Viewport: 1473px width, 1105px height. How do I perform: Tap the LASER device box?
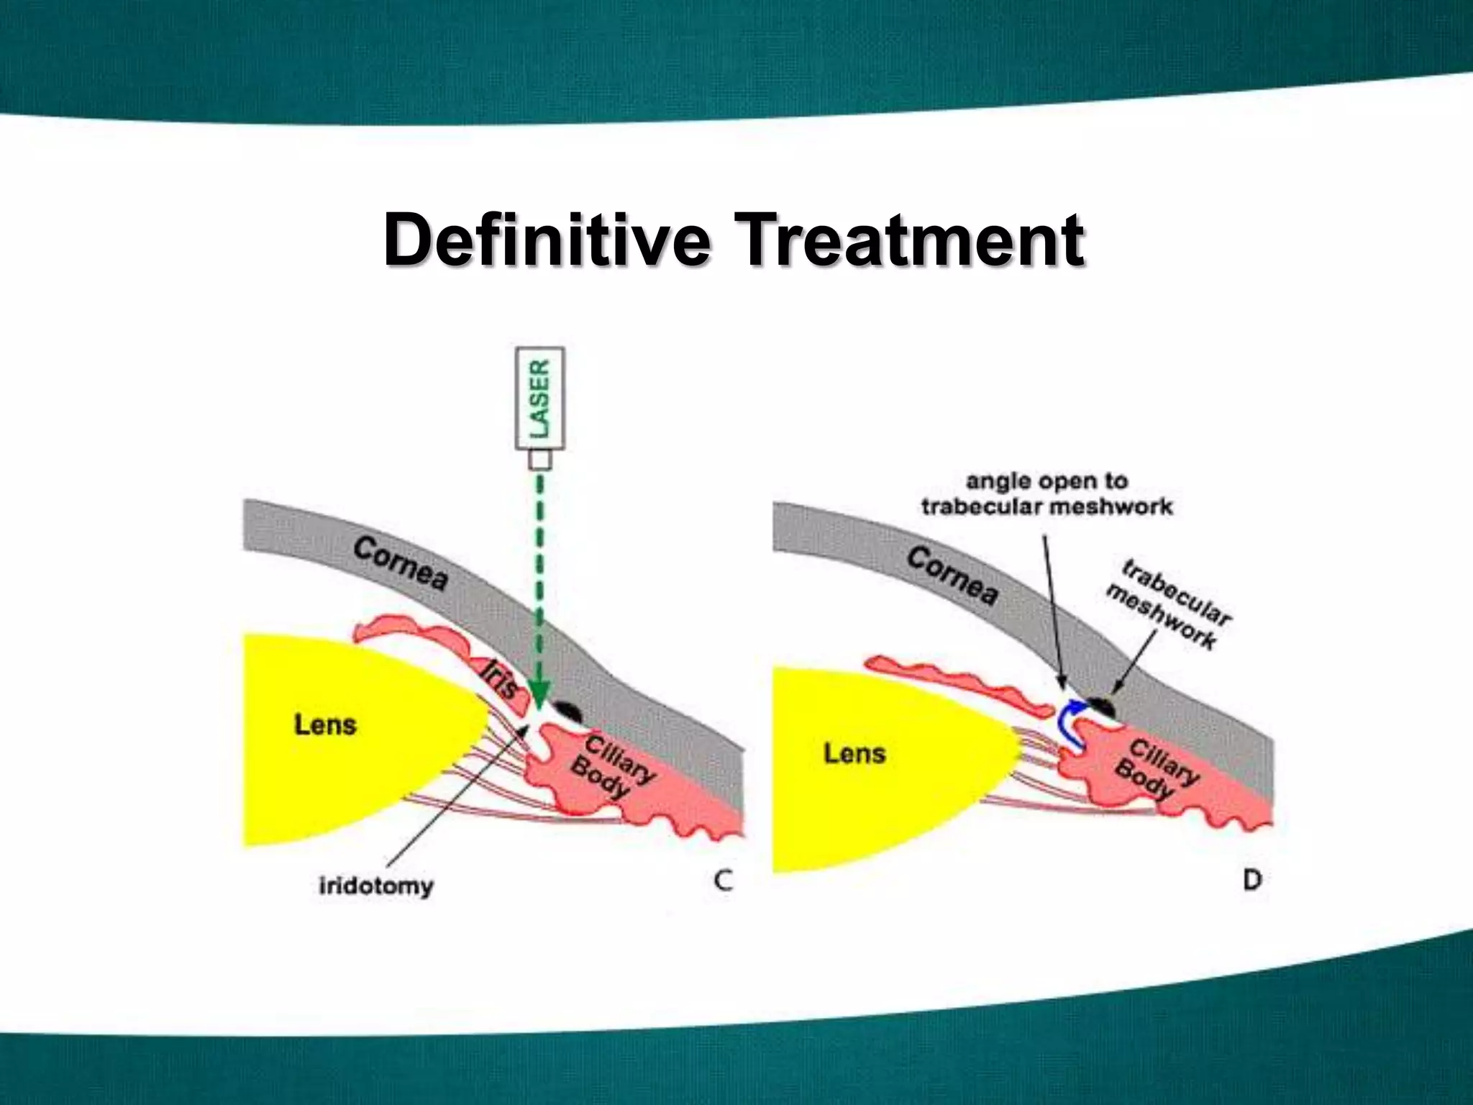click(540, 399)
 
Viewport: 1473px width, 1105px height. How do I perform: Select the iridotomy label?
click(376, 885)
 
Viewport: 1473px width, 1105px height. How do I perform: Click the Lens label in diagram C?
click(325, 724)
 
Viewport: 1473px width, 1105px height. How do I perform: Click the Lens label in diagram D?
click(854, 754)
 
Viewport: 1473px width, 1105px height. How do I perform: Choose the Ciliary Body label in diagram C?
click(611, 766)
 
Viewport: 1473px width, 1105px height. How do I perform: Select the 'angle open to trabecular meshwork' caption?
click(1046, 494)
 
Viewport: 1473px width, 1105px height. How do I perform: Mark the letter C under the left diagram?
click(724, 881)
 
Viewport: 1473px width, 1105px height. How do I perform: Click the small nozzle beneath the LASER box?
click(540, 460)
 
